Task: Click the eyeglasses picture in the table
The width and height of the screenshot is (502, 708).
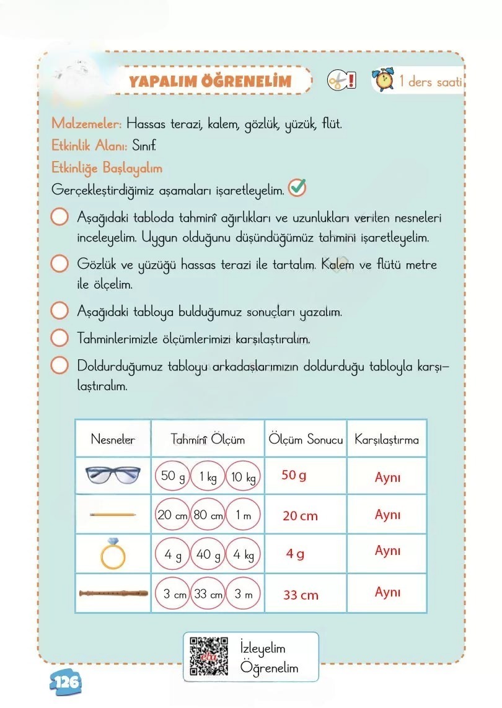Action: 113,475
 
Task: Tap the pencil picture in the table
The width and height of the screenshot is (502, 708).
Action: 113,514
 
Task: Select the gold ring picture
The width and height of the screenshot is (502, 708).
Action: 113,553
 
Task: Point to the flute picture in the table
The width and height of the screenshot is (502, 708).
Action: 113,593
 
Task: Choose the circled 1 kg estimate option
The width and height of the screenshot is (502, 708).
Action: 208,477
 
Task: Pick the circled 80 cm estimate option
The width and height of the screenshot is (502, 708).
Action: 208,515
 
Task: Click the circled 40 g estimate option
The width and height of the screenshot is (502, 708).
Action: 208,555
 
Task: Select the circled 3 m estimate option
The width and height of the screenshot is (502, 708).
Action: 243,594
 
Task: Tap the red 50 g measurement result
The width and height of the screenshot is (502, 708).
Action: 294,476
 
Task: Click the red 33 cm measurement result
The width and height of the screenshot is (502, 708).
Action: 301,595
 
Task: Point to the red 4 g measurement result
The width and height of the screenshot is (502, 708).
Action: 295,554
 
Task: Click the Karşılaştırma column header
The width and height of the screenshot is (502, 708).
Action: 387,440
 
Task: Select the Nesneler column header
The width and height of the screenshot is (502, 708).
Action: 113,440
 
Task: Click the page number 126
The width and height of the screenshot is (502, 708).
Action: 65,682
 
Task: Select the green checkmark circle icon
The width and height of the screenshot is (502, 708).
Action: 297,188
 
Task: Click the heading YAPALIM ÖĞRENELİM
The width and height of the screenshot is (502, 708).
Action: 209,81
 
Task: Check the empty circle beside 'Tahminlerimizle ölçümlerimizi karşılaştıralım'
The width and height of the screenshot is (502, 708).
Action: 59,339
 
